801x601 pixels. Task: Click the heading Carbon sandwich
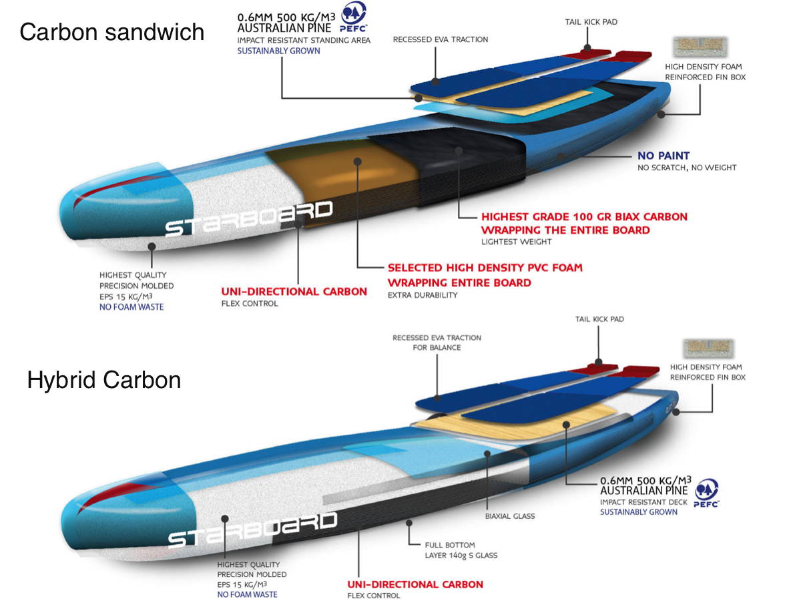[x=112, y=31]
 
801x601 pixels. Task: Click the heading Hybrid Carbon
[x=104, y=379]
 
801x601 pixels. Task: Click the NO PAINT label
[x=663, y=156]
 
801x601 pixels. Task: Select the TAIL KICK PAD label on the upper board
[x=591, y=22]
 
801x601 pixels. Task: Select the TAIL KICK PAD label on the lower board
[x=599, y=319]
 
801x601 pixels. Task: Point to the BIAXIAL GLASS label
[x=510, y=516]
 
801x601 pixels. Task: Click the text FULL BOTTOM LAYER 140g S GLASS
[x=461, y=550]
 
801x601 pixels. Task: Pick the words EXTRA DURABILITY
[x=423, y=295]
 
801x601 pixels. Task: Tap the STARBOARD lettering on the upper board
[x=248, y=218]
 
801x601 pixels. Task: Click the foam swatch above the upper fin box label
[x=700, y=46]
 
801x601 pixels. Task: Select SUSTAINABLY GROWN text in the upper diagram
[x=278, y=51]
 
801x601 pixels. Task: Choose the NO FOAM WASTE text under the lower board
[x=247, y=594]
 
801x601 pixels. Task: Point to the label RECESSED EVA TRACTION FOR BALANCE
[x=437, y=343]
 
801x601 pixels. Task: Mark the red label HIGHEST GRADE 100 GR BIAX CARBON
[x=584, y=217]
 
